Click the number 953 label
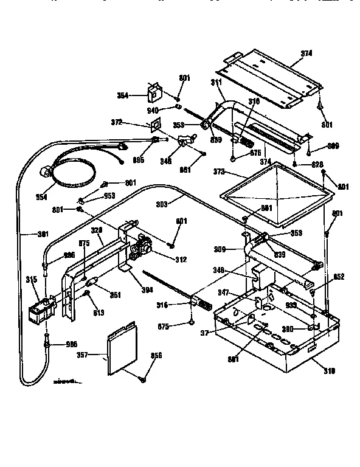(109, 196)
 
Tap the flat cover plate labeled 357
(120, 349)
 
